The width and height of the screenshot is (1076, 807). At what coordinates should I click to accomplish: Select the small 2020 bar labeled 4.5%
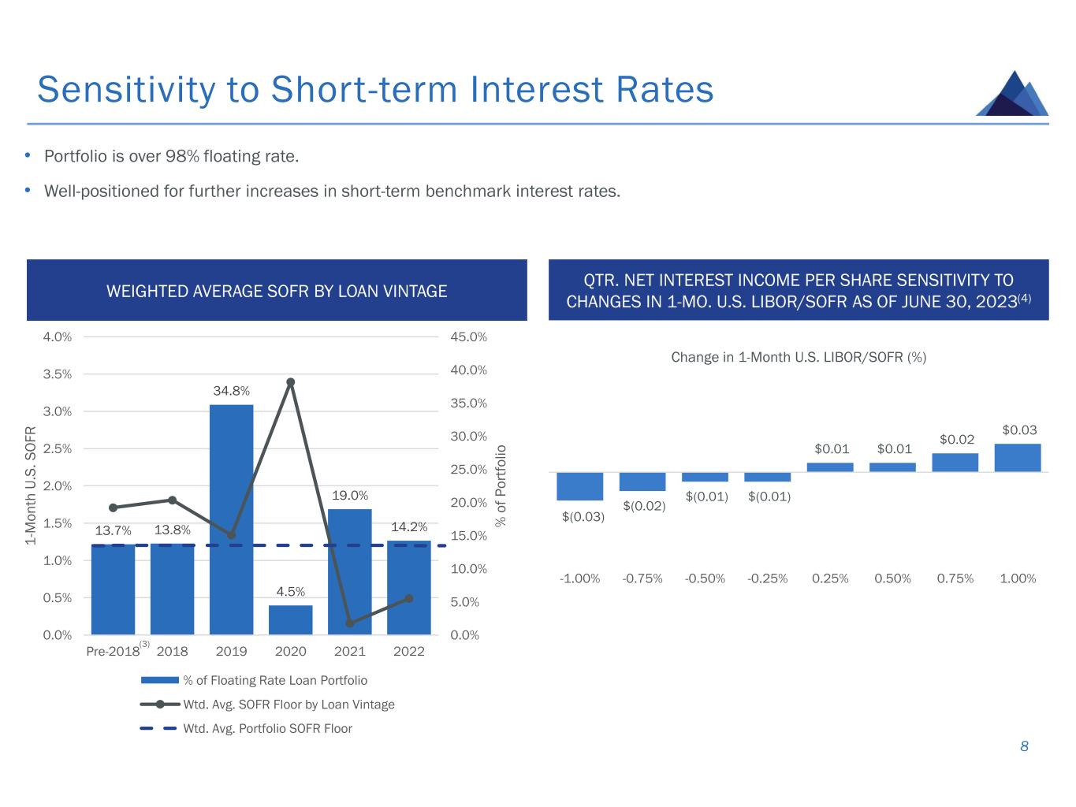(290, 619)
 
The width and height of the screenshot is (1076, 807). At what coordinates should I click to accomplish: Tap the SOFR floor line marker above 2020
(290, 382)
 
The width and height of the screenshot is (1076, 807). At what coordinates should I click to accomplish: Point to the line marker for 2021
(350, 623)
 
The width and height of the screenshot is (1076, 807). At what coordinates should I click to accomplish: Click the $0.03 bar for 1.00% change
(1018, 458)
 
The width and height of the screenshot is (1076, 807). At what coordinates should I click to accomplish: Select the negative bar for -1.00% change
(579, 486)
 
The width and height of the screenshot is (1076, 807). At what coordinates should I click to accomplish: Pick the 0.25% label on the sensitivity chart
(830, 578)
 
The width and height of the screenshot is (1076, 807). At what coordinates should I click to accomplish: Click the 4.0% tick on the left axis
(58, 337)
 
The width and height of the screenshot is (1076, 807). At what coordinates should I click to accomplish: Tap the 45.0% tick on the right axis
(468, 337)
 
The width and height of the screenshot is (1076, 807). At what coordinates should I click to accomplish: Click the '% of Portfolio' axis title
(501, 485)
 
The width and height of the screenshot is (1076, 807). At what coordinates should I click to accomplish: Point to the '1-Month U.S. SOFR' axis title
(32, 485)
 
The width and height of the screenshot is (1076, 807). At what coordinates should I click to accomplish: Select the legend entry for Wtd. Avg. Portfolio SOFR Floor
(267, 729)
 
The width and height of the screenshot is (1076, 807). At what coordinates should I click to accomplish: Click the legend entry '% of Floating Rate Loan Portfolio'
(274, 680)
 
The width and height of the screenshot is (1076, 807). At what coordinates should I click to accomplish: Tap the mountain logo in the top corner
(1013, 94)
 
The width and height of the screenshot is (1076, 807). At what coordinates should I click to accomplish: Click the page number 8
(1024, 746)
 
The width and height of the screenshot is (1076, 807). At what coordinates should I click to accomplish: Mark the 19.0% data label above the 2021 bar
(350, 496)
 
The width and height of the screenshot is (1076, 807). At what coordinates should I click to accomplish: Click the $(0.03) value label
(583, 517)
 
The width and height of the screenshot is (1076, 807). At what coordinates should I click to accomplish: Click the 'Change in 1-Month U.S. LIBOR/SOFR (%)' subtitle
(799, 357)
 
